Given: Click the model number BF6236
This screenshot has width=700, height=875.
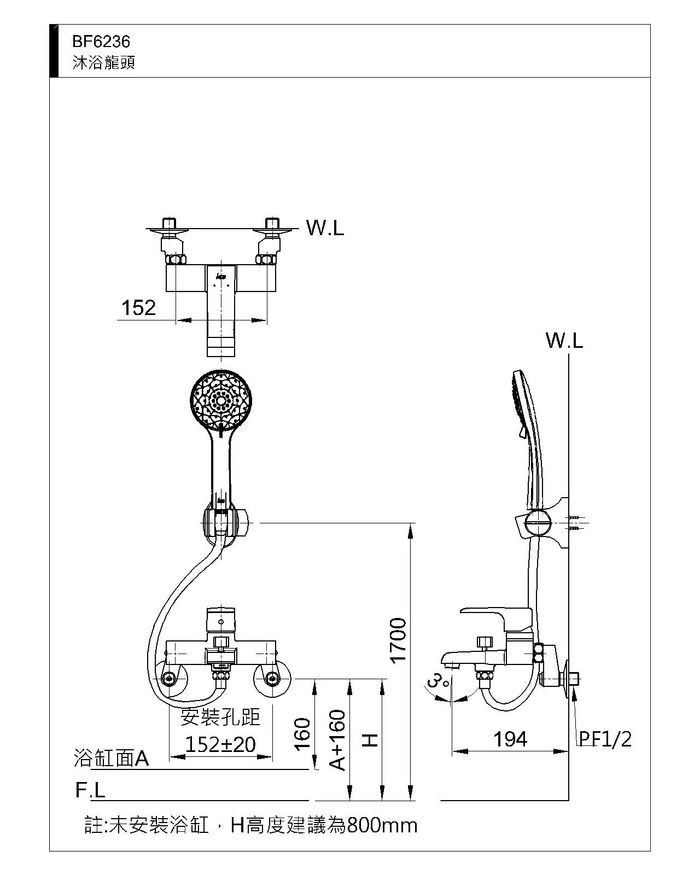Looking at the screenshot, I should (x=101, y=42).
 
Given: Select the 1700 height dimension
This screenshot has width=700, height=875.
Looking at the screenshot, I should (x=398, y=639).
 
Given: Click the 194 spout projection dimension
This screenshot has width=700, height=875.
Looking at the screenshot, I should (x=510, y=739).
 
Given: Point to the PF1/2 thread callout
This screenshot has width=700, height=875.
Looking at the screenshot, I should (x=605, y=739).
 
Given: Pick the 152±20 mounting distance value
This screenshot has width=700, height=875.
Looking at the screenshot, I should (x=220, y=744).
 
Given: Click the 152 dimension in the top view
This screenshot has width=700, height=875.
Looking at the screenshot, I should (x=138, y=308).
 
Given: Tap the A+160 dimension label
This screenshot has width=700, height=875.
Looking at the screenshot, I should (x=338, y=739).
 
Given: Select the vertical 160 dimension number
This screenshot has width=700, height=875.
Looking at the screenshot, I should (x=302, y=734).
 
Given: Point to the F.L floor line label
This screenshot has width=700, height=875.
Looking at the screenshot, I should (x=90, y=790).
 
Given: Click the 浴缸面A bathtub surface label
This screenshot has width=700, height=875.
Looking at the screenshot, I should (x=111, y=759).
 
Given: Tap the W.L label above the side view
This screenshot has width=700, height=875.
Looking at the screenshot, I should (x=564, y=341).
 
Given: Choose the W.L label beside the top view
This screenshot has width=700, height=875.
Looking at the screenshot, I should (x=325, y=228).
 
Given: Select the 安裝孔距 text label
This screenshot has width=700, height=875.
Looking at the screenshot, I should (x=220, y=717).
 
